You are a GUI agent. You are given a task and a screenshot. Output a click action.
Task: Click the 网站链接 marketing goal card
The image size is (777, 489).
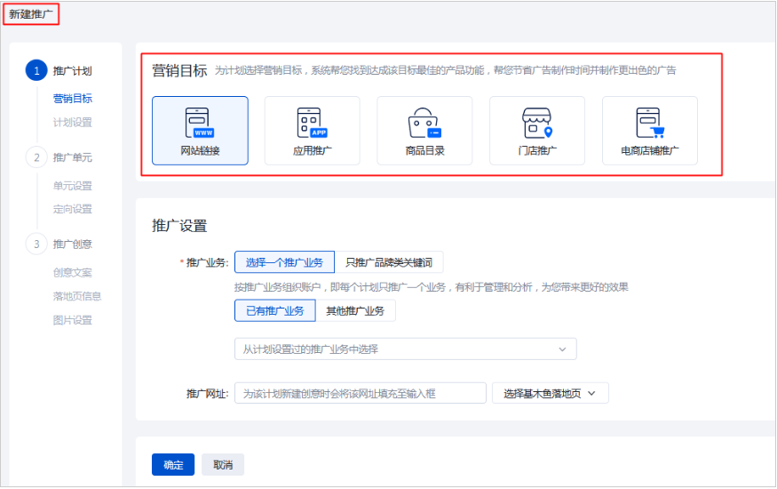[200, 131]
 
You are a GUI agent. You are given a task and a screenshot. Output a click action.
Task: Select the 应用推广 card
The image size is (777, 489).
[312, 131]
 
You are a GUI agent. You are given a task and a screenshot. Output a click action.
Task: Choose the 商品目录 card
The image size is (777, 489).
[424, 131]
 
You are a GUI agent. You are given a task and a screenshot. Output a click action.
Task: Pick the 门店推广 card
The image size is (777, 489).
[537, 131]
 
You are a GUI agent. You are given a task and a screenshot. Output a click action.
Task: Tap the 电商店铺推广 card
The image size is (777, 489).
[649, 131]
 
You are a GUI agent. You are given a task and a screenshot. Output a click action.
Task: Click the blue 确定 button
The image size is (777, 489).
[173, 464]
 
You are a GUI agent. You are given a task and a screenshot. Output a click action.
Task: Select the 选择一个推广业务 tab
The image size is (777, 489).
[284, 262]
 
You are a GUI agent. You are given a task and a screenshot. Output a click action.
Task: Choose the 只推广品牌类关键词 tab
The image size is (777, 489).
[389, 262]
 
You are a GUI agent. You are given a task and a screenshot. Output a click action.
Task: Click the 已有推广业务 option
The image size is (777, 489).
[274, 310]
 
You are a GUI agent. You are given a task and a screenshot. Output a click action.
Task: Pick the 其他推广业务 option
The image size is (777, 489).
[355, 310]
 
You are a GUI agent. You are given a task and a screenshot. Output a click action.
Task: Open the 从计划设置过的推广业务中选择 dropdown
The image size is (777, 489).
[405, 349]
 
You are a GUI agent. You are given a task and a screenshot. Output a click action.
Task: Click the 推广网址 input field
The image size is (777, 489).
[361, 393]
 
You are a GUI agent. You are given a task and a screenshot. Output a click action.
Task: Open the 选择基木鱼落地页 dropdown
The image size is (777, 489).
[550, 393]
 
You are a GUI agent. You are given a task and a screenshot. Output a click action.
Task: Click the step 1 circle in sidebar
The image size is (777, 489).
[36, 71]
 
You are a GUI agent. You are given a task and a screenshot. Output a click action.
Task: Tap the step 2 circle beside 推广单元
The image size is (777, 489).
[36, 157]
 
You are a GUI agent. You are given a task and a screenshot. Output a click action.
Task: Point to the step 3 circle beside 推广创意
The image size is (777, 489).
[36, 244]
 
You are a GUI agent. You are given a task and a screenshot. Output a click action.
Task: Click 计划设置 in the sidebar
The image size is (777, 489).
[72, 123]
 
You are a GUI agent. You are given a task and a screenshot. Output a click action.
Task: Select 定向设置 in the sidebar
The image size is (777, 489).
[72, 209]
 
